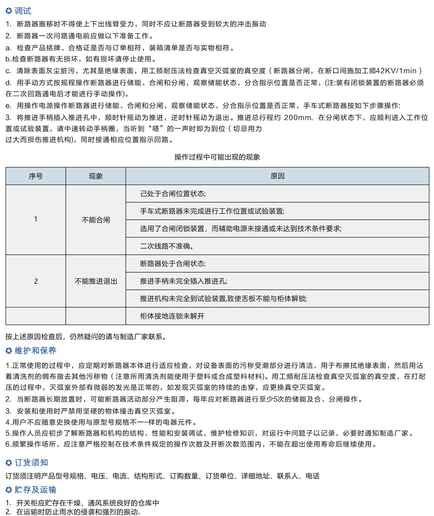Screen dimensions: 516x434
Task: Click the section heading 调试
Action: tap(23, 11)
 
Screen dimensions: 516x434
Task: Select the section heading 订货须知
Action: tap(31, 462)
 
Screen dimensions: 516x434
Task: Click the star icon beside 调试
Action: tap(8, 11)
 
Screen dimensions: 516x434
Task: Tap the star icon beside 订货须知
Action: tap(8, 462)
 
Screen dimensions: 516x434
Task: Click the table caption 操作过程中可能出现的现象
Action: tap(217, 157)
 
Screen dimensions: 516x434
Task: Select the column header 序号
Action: tap(36, 176)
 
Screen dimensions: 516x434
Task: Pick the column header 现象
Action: tap(96, 176)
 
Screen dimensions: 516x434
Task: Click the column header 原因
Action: tap(277, 176)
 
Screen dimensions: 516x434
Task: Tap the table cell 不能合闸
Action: tap(96, 220)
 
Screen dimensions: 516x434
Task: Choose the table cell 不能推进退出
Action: tap(96, 281)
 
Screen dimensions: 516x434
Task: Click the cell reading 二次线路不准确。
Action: tap(167, 246)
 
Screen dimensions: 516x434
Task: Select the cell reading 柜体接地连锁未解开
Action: tap(172, 316)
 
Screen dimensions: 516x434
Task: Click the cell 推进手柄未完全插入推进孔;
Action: tap(183, 281)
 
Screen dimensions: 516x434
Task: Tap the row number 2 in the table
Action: tap(36, 281)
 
